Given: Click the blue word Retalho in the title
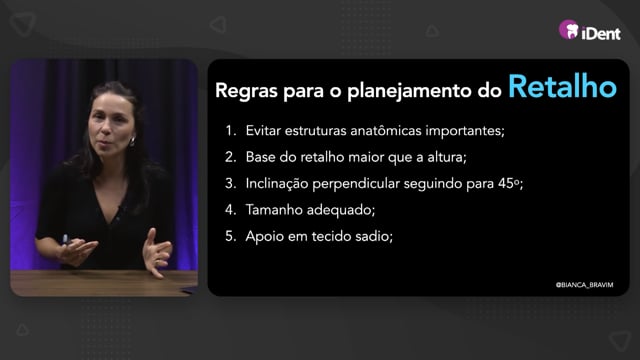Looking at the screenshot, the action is click(562, 86).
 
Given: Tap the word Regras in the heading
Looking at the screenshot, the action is click(247, 91).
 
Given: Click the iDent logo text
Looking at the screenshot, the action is click(601, 33).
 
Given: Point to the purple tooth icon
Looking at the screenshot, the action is click(569, 29).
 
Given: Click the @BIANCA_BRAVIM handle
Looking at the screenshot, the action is click(584, 285).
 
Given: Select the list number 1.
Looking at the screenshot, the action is click(231, 131).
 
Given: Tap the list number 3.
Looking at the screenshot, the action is click(231, 183).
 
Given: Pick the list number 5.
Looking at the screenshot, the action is click(231, 236).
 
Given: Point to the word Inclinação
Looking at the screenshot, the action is click(277, 184).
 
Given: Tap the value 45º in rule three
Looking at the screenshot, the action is click(509, 183).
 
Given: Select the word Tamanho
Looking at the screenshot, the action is click(274, 210).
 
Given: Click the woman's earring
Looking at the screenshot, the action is click(132, 142).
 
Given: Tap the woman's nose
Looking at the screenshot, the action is click(102, 131).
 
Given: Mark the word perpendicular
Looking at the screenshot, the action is click(356, 184).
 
